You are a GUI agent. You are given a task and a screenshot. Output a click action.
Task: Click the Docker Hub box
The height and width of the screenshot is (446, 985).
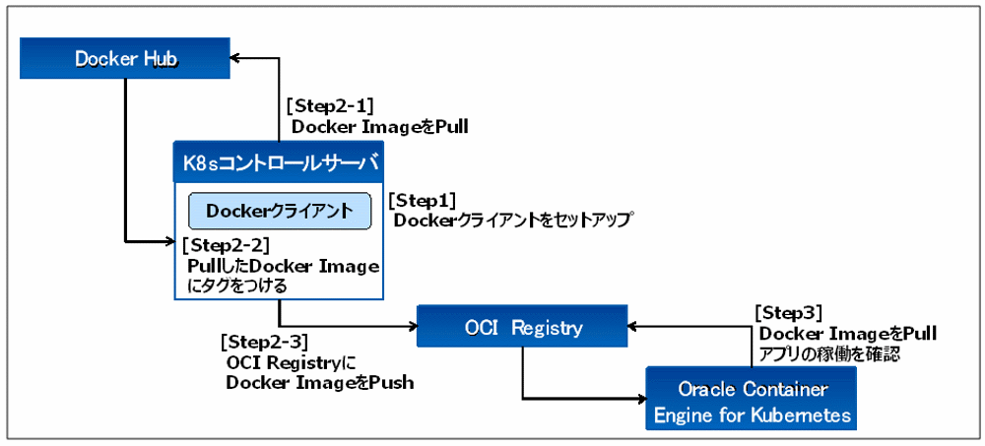tap(125, 59)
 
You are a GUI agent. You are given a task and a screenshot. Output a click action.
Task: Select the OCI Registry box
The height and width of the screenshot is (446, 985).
tap(522, 327)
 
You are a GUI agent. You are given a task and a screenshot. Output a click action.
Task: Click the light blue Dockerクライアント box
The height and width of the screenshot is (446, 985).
tap(279, 211)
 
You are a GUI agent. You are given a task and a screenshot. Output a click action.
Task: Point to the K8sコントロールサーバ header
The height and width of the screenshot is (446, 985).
tap(279, 159)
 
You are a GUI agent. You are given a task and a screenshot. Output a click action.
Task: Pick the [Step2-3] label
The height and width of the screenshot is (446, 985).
tap(264, 342)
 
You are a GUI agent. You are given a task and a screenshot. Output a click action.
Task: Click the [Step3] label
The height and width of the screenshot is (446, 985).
tap(787, 312)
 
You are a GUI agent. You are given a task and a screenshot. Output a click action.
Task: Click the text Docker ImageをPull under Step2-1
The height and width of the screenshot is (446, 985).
tap(379, 127)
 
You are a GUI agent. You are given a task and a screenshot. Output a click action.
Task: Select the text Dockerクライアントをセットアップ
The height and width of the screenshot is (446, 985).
tap(511, 221)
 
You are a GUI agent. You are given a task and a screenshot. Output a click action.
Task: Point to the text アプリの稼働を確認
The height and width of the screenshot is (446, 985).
tap(827, 352)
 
